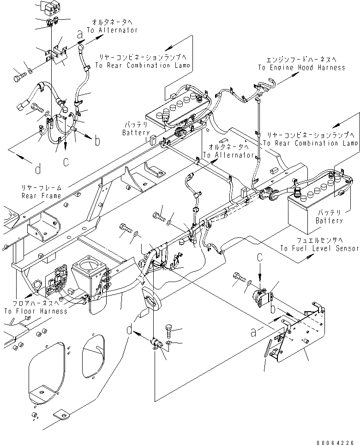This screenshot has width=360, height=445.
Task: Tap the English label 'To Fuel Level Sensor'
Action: (x=319, y=248)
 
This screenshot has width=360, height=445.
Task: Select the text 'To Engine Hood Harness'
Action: (x=301, y=67)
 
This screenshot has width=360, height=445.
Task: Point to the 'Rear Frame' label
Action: (x=41, y=196)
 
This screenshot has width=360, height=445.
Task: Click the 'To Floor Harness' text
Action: (x=36, y=311)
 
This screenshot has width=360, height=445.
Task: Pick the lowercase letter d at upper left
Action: (x=38, y=169)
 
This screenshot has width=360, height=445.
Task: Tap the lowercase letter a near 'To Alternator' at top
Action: (x=80, y=34)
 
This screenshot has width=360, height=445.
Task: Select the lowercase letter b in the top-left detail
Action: (x=97, y=142)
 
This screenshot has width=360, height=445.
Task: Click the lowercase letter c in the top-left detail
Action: (x=66, y=162)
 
